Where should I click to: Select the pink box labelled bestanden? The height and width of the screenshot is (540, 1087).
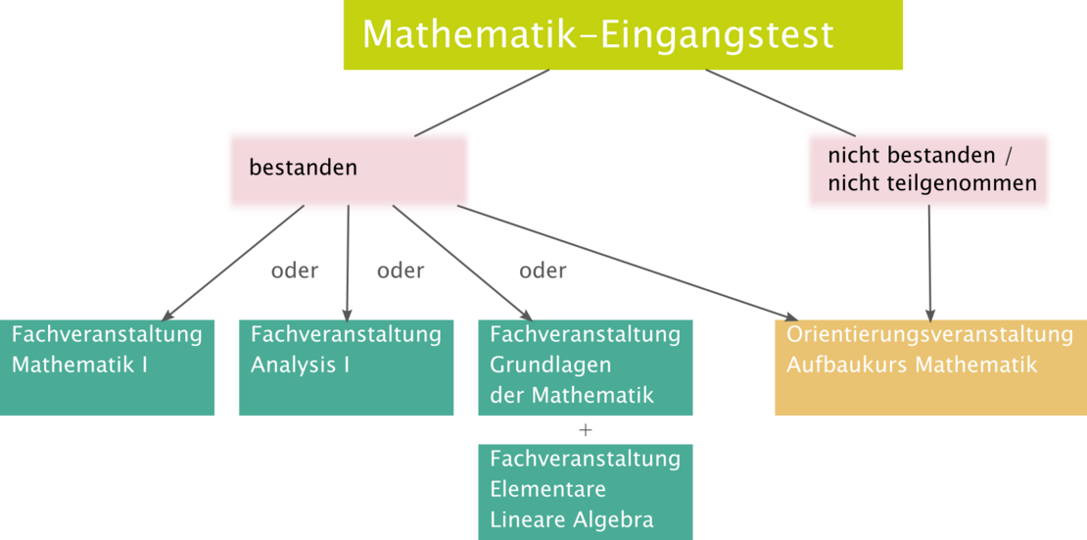click(x=348, y=170)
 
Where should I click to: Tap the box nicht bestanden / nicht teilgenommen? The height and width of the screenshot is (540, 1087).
click(x=928, y=170)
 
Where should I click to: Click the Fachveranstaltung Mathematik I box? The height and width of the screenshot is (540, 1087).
click(x=108, y=368)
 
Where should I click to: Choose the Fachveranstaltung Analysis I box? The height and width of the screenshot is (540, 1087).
click(x=346, y=368)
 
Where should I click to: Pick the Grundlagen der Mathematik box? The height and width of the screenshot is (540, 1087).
click(x=585, y=368)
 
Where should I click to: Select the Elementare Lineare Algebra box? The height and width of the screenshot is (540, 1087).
click(x=585, y=490)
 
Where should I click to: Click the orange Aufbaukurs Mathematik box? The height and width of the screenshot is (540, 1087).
click(x=929, y=368)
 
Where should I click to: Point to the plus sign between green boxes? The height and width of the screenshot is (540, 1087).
click(x=586, y=429)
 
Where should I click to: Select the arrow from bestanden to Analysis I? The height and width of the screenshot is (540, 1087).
click(x=348, y=263)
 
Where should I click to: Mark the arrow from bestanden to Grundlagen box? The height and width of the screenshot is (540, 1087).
click(x=462, y=263)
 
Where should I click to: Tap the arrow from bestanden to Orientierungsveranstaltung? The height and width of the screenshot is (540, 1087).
click(x=627, y=262)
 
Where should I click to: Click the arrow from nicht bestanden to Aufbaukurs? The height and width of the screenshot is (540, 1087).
click(x=929, y=265)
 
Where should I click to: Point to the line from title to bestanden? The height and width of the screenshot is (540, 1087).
click(x=482, y=103)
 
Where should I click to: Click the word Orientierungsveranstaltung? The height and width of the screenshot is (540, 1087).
click(x=929, y=335)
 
